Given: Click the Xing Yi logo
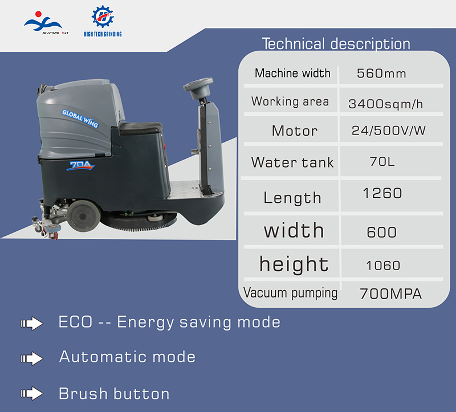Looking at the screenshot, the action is click(x=46, y=23).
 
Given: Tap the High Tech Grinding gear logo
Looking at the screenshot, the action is click(x=103, y=21).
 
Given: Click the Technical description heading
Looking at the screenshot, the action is click(x=336, y=44).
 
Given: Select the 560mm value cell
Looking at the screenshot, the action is click(x=381, y=74).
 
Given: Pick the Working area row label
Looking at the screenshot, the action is click(x=290, y=102).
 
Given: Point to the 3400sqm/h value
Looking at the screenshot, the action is click(x=386, y=104).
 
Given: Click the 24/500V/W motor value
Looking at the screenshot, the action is click(x=389, y=130).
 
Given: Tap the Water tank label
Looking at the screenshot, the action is click(x=292, y=162).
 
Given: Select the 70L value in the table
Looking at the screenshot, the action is click(x=382, y=161).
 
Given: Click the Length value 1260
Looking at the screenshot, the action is click(x=382, y=193).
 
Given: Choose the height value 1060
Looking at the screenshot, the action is click(x=383, y=266).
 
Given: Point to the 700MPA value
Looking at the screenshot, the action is click(x=390, y=293).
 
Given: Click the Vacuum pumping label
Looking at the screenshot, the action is click(x=290, y=293).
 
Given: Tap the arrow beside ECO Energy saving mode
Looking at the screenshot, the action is click(x=32, y=323).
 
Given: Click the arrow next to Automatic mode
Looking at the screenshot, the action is click(x=32, y=358).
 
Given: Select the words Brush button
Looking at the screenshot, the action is click(x=114, y=394).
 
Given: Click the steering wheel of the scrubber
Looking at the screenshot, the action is click(x=198, y=87).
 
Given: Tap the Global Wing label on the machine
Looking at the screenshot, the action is click(x=80, y=119).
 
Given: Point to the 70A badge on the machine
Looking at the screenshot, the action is click(x=80, y=165).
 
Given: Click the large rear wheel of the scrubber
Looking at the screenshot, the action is click(x=83, y=216).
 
